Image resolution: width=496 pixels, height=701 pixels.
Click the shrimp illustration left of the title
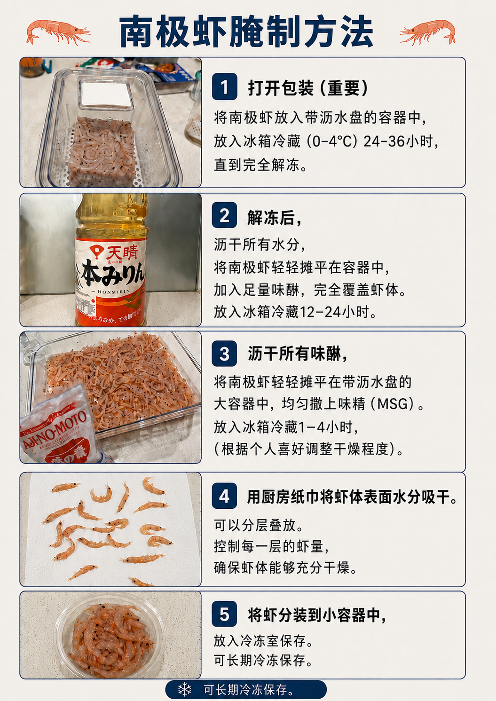pos(58,32)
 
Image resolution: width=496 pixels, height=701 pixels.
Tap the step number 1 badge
pos(224,87)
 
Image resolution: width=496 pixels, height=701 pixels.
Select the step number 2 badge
pos(224,215)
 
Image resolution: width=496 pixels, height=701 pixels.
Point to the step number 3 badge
pos(224,354)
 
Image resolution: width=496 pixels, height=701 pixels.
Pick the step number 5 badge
pos(224,614)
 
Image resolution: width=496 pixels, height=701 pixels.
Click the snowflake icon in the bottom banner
pos(185,689)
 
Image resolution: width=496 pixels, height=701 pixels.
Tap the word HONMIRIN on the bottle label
pos(114,291)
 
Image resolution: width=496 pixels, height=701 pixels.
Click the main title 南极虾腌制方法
pos(246,32)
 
